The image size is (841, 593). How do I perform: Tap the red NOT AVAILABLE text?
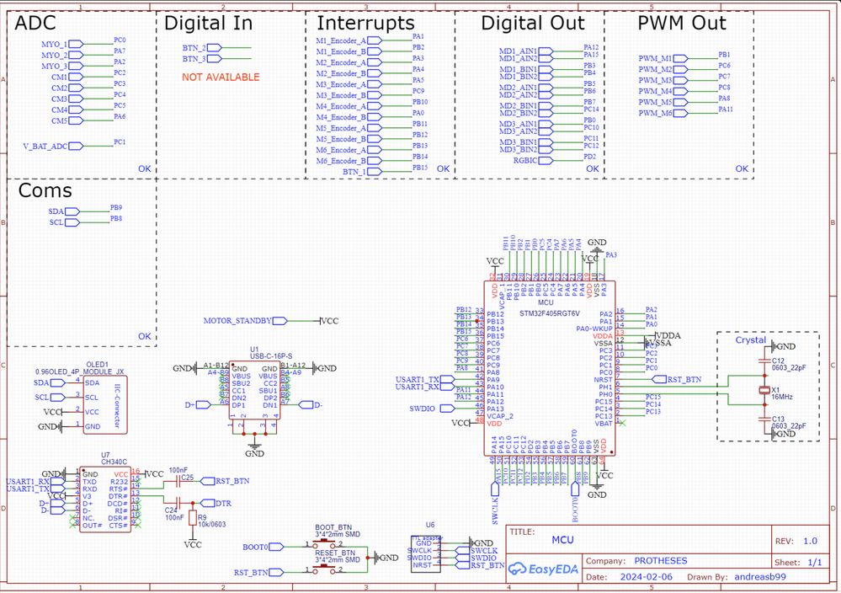pos(221,77)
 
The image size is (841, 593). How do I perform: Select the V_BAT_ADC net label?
pos(45,147)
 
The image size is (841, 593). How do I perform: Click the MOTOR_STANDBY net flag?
pos(238,321)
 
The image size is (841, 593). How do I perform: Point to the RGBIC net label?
pos(526,160)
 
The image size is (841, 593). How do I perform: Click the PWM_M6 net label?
pos(655,113)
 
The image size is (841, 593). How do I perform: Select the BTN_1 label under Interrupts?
pos(354,172)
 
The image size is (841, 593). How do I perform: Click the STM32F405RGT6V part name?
pos(550,313)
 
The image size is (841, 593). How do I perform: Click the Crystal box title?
pos(751,340)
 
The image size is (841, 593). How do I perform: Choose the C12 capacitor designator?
pos(778,361)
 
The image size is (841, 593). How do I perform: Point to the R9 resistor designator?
pos(201,517)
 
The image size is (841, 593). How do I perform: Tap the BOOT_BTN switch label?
pos(333,527)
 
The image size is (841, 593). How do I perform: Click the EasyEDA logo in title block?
pos(544,569)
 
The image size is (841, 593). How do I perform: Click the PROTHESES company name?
pos(660,561)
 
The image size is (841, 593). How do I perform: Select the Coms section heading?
pos(45,191)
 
